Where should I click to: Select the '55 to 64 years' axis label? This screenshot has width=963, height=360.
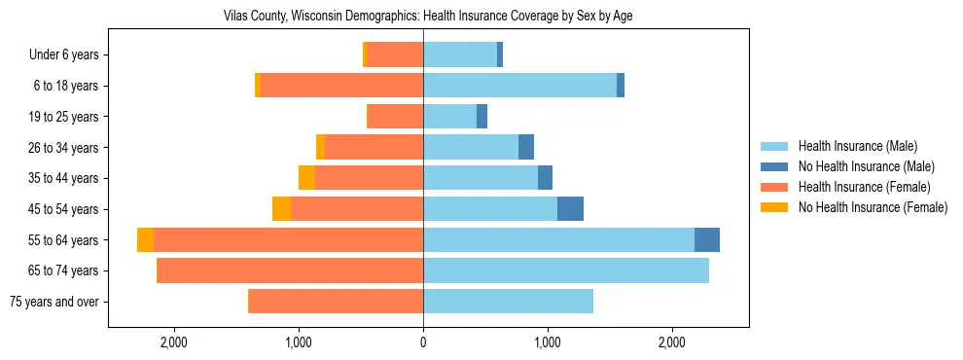(x=64, y=240)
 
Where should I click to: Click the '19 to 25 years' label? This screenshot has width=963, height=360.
(x=64, y=117)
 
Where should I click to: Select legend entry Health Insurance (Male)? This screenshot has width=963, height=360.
(x=857, y=146)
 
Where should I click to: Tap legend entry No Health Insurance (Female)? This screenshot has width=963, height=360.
(x=873, y=207)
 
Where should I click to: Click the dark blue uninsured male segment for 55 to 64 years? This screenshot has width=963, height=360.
(x=707, y=240)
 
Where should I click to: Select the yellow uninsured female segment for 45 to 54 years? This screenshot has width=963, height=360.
(x=281, y=209)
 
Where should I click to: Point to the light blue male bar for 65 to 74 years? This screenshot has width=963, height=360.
(x=566, y=270)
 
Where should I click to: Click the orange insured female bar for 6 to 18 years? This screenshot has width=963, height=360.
(x=341, y=86)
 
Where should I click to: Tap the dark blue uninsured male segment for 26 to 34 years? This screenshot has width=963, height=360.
(x=526, y=148)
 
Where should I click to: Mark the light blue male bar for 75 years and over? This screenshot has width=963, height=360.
(x=508, y=302)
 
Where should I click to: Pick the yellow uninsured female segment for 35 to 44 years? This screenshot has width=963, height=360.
(x=306, y=178)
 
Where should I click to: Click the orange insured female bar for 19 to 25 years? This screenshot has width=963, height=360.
(x=395, y=117)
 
